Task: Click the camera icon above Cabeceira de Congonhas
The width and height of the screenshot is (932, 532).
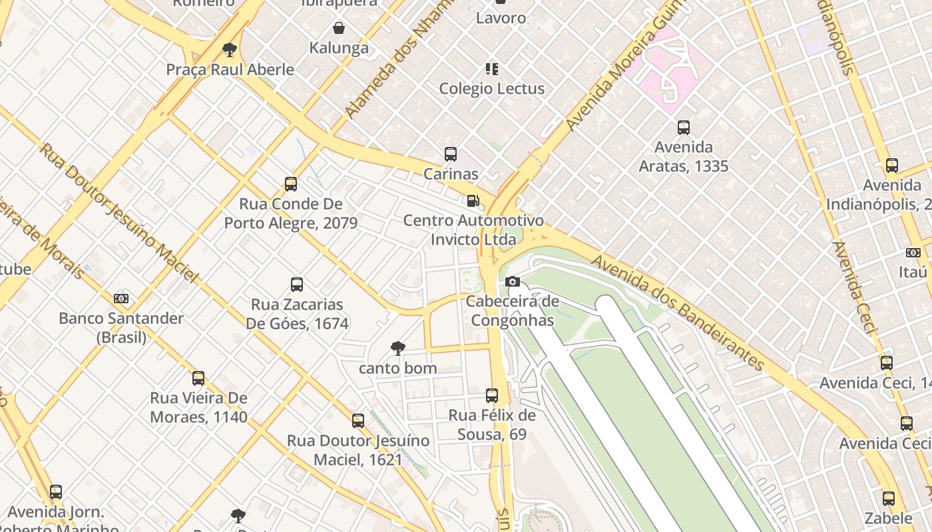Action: pos(512,282)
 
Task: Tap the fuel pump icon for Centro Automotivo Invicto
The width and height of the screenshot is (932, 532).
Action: pos(473,200)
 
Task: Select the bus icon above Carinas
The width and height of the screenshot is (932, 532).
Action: pos(451,154)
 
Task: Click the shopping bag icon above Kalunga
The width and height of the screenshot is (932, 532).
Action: pos(339,28)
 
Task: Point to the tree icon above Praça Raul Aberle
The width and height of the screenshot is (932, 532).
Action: pos(230,49)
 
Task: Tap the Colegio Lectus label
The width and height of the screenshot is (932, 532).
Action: pos(491,88)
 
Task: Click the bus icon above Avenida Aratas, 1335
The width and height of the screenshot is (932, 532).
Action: pos(684,128)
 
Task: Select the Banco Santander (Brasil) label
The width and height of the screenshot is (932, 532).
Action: pos(121,327)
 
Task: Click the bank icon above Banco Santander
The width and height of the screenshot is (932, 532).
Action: pos(121,299)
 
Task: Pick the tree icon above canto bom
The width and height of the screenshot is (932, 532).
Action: pos(398,348)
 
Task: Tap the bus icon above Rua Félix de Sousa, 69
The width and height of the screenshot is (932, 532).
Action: pos(492,396)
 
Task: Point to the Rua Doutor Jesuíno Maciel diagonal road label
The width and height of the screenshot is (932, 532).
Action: pos(118,211)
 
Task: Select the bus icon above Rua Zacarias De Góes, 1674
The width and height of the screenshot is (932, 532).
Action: pos(297,285)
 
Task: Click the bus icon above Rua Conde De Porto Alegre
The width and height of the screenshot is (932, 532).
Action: pos(291,184)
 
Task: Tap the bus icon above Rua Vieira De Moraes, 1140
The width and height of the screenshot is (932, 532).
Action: pos(198,378)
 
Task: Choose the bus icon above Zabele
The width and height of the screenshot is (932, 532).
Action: pos(889,499)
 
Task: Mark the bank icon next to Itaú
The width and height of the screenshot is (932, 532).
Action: pos(913,253)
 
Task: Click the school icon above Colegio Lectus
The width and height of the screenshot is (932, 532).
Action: pos(492,68)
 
